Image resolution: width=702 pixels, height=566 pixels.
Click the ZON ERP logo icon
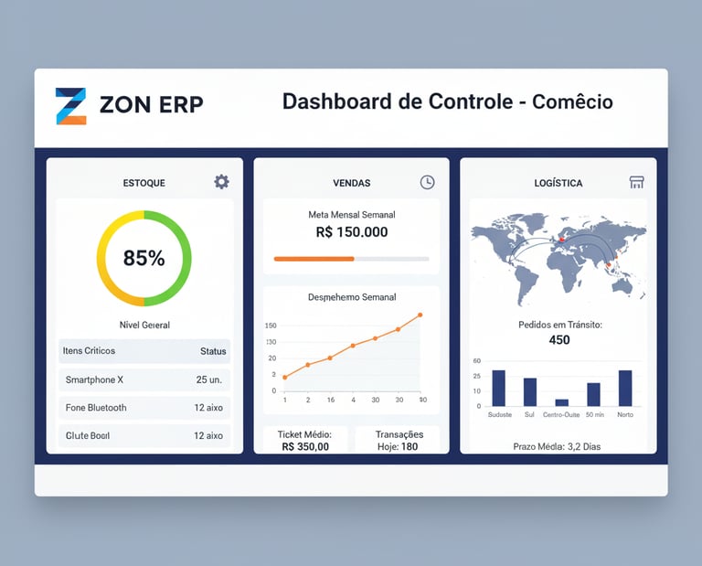pos(70,106)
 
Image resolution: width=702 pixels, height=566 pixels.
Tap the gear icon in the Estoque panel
pos(221,182)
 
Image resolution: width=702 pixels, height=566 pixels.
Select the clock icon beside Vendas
pos(427,182)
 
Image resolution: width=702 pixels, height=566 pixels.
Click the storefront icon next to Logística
pos(637,182)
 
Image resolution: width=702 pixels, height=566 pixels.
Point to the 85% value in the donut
pos(144,259)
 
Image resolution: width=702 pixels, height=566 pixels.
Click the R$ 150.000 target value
pos(352,232)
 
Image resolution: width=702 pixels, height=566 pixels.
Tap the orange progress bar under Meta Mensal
pos(314,259)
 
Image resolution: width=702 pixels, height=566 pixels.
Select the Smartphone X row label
pos(94,379)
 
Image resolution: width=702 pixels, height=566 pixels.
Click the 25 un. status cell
pos(209,379)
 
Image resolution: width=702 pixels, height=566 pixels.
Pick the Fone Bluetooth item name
pos(96,408)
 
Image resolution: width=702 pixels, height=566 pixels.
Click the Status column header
pos(213,351)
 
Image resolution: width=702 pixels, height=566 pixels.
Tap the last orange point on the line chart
pos(420,315)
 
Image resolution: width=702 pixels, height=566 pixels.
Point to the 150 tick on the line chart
pos(271,326)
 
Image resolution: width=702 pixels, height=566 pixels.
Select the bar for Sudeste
pos(498,388)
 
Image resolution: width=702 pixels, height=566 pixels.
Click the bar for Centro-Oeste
pos(562,402)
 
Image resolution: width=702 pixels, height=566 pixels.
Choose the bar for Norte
pos(625,388)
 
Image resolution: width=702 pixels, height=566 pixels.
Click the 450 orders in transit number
pos(559,340)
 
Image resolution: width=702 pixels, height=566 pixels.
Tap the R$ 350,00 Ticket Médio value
pos(305,447)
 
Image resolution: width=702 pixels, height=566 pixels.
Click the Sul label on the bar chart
pos(529,415)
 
